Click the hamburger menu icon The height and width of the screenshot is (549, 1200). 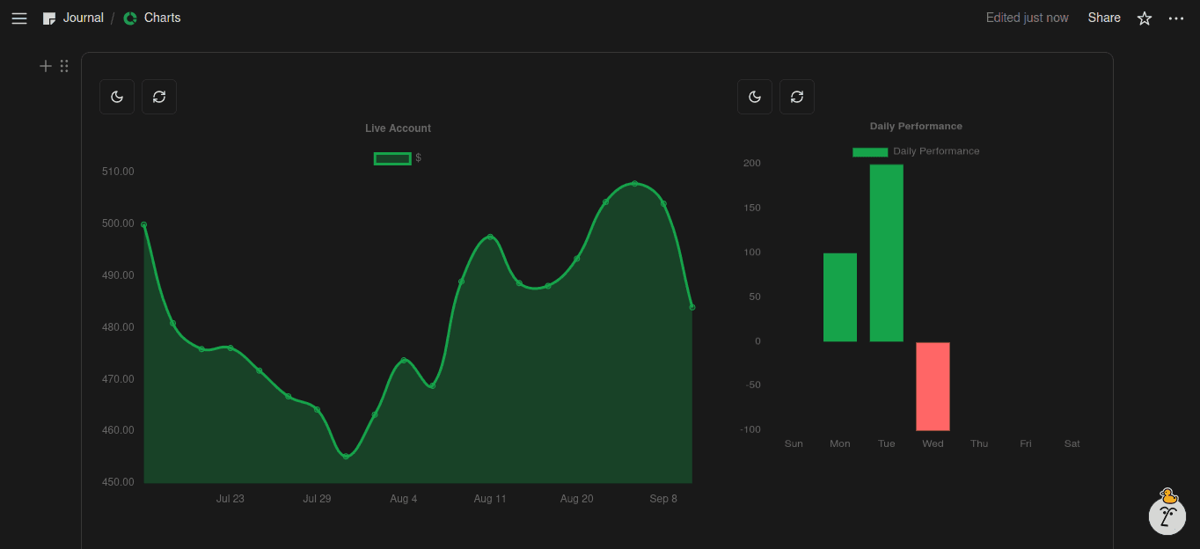pos(19,18)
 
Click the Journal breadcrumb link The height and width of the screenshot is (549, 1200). pos(83,18)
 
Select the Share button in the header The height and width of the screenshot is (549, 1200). pos(1103,18)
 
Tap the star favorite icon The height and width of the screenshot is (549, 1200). pos(1145,18)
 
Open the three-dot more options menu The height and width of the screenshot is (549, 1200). pos(1176,18)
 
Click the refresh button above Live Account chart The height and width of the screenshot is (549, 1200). pos(159,97)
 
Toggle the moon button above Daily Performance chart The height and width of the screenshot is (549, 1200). pos(755,97)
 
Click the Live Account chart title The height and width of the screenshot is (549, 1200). pos(398,128)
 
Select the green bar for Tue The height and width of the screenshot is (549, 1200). pos(886,253)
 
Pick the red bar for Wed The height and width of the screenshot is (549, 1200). pos(933,386)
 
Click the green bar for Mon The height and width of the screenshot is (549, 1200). pos(840,297)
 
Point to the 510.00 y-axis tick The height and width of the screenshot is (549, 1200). pos(118,172)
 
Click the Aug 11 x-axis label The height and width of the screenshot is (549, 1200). pos(490,499)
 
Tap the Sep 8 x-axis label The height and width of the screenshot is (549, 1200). pos(663,499)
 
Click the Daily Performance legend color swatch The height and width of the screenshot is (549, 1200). pos(870,152)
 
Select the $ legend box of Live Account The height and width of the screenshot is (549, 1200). pos(392,158)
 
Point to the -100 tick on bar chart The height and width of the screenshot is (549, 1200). pos(750,429)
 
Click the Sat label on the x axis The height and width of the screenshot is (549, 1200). pos(1072,444)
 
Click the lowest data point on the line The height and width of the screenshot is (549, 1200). pos(346,457)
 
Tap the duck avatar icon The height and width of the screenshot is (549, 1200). pos(1168,511)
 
